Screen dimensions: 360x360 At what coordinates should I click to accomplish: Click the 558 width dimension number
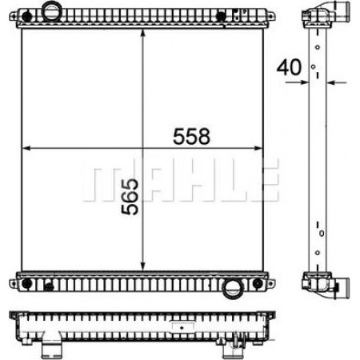tap(191, 136)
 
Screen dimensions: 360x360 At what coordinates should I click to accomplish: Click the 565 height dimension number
tap(130, 197)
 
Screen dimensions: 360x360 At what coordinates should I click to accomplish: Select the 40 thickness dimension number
tap(289, 67)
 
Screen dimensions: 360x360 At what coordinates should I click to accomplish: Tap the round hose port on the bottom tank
tap(233, 289)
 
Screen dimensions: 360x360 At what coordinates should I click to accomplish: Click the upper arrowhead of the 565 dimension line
tap(142, 34)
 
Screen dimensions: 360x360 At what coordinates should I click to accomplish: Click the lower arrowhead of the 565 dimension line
tap(142, 266)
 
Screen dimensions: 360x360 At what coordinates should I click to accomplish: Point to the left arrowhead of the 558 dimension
tap(26, 148)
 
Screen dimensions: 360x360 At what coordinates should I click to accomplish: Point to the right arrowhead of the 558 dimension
tap(258, 148)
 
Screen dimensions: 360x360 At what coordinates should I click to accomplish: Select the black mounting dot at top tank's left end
tap(26, 17)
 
